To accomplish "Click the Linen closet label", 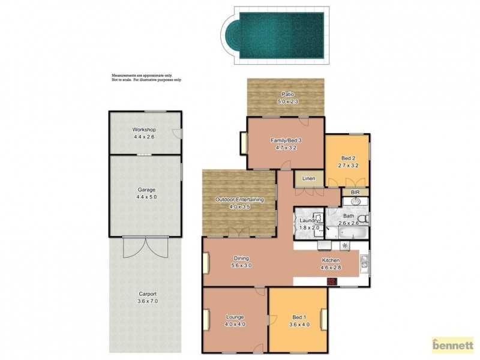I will pyautogui.click(x=308, y=178).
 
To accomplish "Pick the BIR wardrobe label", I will pyautogui.click(x=355, y=192).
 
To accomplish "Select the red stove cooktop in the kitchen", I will pyautogui.click(x=331, y=280).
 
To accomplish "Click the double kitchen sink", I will pyautogui.click(x=364, y=262).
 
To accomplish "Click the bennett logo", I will pyautogui.click(x=452, y=345).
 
